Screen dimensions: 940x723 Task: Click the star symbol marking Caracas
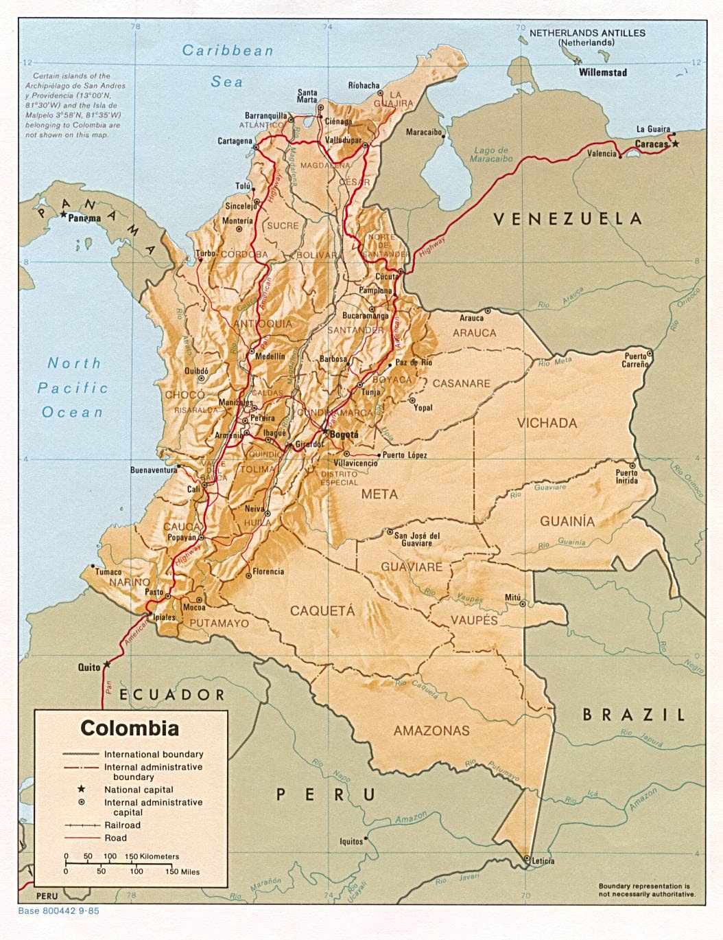[676, 144]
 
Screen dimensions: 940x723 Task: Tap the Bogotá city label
[344, 435]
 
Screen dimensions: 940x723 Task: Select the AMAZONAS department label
[431, 731]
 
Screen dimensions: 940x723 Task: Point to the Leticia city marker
[526, 859]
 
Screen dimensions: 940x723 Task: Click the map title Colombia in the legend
[130, 728]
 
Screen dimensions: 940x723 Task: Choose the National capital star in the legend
[81, 789]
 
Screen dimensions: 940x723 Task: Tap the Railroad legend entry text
[122, 825]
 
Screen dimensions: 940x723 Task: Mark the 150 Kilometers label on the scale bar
[152, 856]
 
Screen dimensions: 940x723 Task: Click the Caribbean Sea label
[228, 65]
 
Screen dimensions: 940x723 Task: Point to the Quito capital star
[106, 665]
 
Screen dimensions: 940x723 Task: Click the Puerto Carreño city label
[635, 360]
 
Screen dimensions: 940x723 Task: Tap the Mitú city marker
[523, 604]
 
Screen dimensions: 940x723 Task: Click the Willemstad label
[602, 71]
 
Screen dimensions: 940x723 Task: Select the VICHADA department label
[547, 423]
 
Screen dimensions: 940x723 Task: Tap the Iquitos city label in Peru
[351, 841]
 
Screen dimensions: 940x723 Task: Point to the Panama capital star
[64, 215]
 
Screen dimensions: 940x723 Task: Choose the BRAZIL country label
[634, 715]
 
